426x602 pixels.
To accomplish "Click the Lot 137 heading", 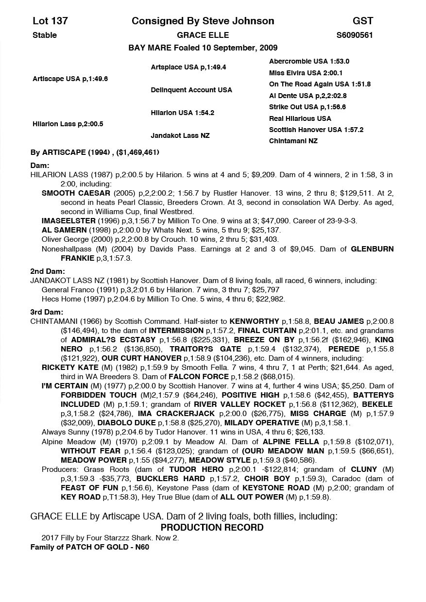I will coord(50,21).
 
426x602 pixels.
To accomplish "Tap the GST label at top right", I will coord(363,21).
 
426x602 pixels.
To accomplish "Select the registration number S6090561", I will coord(355,35).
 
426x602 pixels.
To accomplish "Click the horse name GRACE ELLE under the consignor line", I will coord(203,35).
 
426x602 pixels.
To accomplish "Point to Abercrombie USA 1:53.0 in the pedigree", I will coord(309,62).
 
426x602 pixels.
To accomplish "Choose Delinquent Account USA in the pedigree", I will coord(191,90).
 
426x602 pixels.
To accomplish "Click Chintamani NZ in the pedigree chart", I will coord(293,141).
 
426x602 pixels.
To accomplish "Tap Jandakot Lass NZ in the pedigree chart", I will coord(180,135).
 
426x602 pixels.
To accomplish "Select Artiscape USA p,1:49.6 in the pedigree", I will coord(70,79).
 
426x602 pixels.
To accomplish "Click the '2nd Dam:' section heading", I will coord(47,271).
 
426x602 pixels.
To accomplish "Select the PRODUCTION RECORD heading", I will coord(212,527).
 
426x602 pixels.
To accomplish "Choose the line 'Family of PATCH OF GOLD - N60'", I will coord(89,547).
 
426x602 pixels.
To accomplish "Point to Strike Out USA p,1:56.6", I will coord(307,107).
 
